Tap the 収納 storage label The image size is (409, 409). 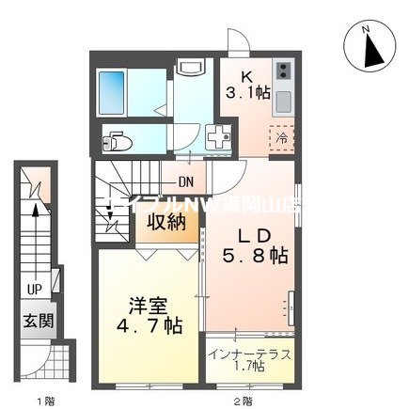point(165,223)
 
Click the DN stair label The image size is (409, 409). point(185,183)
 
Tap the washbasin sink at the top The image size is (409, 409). point(191,69)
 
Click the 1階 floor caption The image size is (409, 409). point(42,400)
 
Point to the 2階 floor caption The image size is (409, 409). point(243,400)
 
